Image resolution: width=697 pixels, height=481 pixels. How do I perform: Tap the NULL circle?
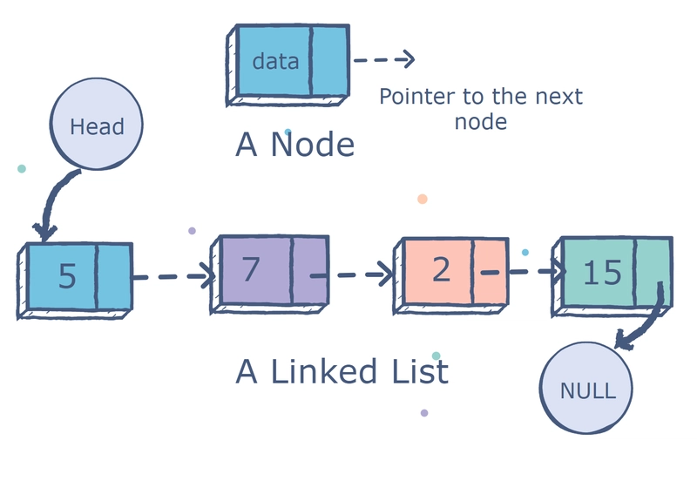587,389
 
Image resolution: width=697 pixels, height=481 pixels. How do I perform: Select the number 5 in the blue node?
67,275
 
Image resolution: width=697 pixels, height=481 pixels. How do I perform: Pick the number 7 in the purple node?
251,269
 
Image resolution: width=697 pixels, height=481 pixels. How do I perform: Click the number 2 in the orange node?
441,270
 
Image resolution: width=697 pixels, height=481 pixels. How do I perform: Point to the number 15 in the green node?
601,272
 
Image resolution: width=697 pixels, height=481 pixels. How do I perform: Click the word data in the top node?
274,61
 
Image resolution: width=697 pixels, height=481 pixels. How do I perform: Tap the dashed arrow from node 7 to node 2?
352,274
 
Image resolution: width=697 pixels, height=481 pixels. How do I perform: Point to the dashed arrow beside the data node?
383,60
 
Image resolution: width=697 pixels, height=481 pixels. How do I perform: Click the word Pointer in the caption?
415,96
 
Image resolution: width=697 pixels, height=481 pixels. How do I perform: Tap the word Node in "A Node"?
312,145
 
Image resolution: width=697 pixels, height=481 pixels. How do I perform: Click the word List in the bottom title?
416,372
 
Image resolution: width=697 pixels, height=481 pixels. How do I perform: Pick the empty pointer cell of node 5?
112,275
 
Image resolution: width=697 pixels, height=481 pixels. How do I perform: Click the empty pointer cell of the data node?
328,61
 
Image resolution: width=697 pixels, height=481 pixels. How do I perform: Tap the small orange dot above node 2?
423,199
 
